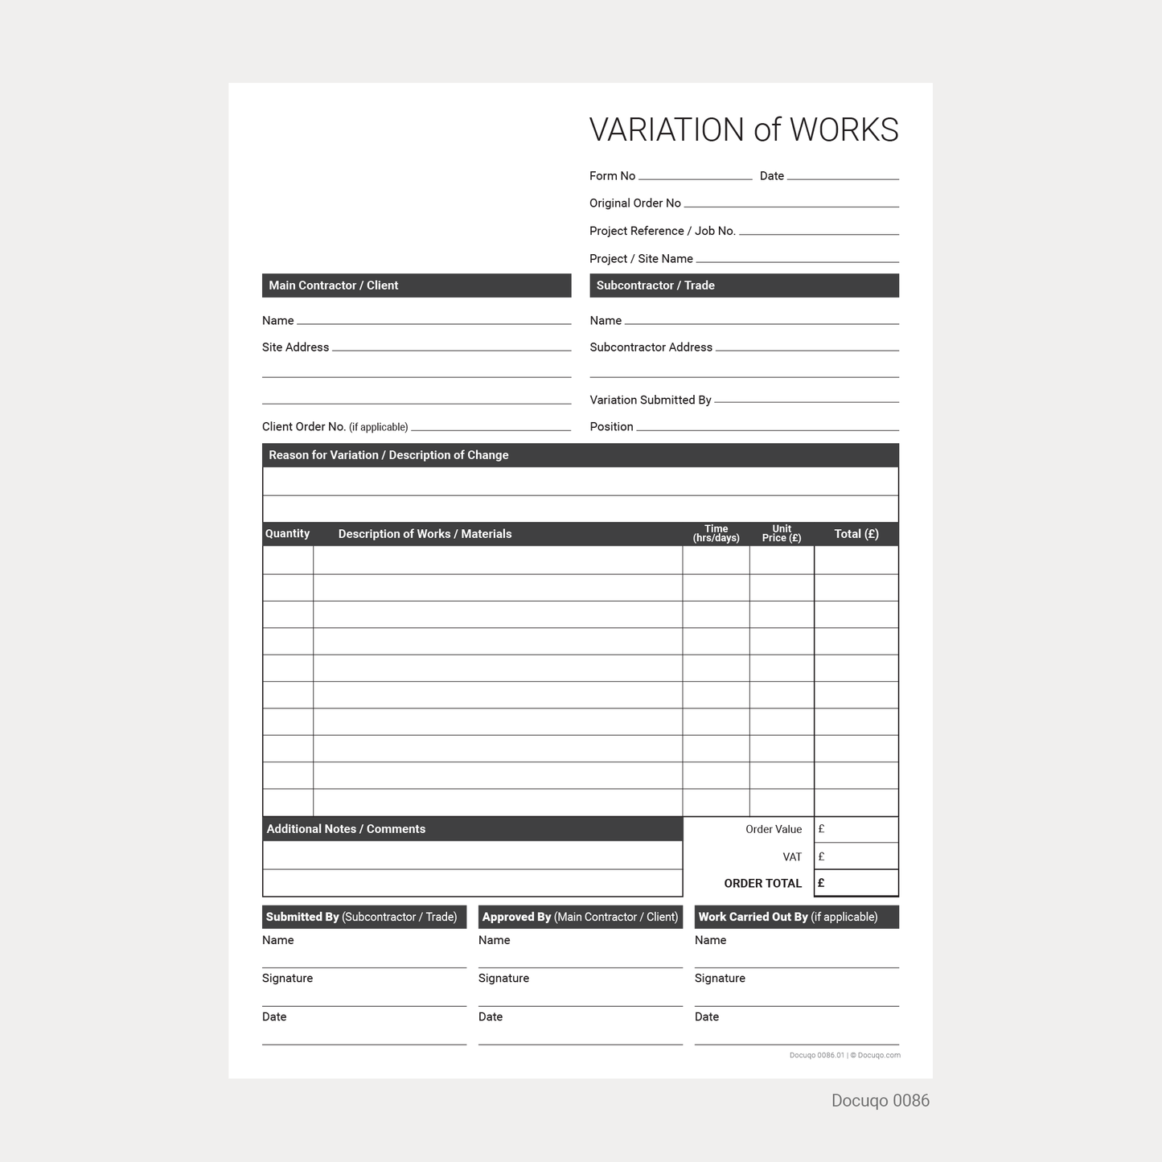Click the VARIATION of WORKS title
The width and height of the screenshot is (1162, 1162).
tap(743, 130)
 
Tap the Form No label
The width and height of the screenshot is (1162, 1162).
tap(612, 176)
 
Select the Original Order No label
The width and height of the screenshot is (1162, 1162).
tap(634, 203)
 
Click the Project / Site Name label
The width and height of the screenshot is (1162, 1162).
tap(641, 259)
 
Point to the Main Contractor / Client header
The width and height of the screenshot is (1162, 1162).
tap(334, 285)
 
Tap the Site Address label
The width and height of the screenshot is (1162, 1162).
tap(295, 347)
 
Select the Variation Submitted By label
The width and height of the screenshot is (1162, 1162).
tap(650, 400)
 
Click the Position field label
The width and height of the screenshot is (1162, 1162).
tap(611, 427)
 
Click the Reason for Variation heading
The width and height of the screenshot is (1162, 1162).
tap(388, 455)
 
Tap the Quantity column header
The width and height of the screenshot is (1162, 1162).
tap(287, 534)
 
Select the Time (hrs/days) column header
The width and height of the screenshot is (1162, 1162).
tap(716, 534)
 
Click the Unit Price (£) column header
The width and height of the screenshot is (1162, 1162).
tap(782, 534)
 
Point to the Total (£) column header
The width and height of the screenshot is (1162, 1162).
tap(856, 534)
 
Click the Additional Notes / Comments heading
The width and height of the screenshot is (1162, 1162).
tap(346, 829)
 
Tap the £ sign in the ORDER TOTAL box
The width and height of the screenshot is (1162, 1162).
tap(821, 883)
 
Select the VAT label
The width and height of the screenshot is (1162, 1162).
tap(792, 857)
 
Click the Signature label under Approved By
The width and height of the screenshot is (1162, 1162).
tap(503, 979)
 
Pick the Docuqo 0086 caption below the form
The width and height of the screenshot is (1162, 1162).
tap(880, 1101)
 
